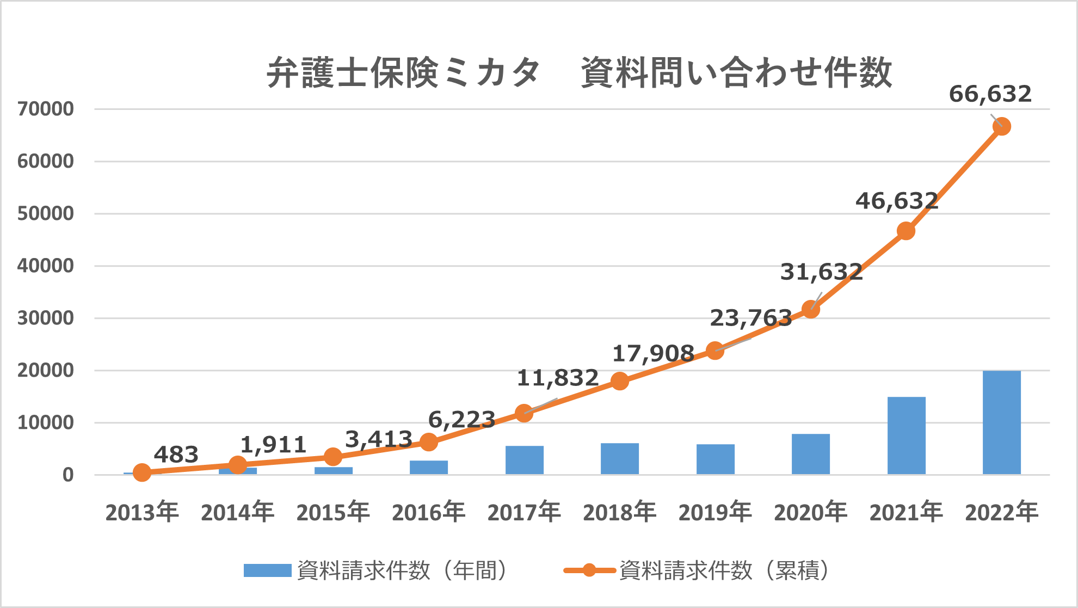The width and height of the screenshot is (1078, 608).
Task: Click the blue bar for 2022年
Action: pos(1001,422)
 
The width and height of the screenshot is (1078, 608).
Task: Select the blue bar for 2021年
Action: pos(906,435)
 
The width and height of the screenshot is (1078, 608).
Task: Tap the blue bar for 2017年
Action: pos(524,460)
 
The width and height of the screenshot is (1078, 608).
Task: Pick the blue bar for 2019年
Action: pos(715,459)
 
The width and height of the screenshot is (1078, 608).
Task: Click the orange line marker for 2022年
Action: pos(1001,127)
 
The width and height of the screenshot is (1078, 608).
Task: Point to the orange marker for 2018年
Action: pos(619,381)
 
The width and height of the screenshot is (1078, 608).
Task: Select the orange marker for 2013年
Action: pos(142,472)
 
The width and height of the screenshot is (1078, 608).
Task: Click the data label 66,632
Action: pos(990,94)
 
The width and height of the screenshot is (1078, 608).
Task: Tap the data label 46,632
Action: pos(896,201)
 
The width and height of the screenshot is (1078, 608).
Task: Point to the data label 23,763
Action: pos(750,318)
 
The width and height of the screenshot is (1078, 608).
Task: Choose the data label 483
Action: pos(176,455)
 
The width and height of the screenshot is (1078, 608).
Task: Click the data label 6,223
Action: pos(461,420)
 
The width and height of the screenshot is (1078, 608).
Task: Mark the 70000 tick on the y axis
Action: pos(46,109)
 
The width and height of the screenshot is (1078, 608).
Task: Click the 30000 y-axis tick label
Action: pos(46,318)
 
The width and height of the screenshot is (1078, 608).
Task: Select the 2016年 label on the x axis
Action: pos(428,512)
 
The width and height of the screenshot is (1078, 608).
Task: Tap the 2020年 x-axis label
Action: pos(810,512)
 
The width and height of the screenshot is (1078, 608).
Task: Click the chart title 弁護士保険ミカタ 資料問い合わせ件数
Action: pos(579,72)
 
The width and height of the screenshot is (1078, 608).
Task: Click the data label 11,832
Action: pos(557,378)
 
